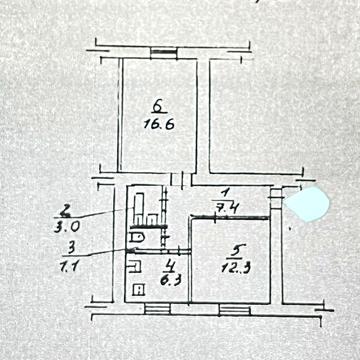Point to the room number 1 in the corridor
point(227,191)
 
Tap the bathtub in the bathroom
point(139,204)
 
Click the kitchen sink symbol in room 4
point(134,266)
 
